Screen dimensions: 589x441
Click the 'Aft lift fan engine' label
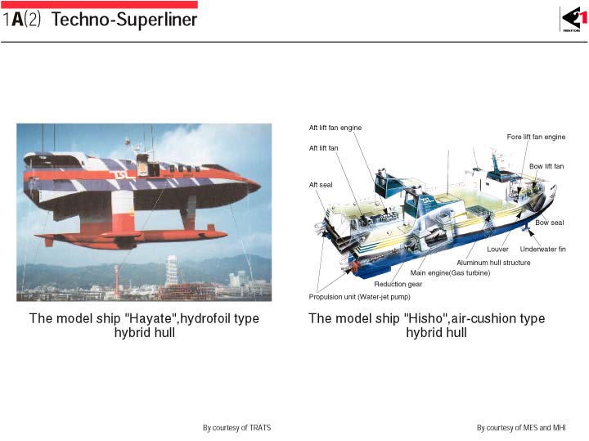(x=335, y=128)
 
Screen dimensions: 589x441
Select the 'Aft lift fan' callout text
(x=323, y=148)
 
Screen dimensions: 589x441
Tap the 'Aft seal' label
(x=321, y=185)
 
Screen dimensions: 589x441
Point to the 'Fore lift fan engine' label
(x=536, y=137)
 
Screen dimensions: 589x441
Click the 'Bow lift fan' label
(x=546, y=166)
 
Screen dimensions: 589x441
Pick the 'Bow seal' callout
(x=550, y=223)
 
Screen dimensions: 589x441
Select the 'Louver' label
(x=497, y=249)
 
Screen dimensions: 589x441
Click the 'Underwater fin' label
(x=543, y=249)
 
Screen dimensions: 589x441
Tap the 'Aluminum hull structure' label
(x=493, y=263)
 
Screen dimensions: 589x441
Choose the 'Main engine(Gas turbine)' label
(x=450, y=273)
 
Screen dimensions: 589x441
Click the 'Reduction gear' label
(x=398, y=285)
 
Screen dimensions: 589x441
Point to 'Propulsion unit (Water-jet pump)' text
(x=359, y=297)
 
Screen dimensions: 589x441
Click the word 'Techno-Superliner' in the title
(x=124, y=20)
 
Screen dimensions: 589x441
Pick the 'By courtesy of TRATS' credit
(x=236, y=428)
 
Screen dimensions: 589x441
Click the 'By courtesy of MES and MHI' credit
(x=521, y=428)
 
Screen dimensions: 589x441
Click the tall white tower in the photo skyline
(x=172, y=271)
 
